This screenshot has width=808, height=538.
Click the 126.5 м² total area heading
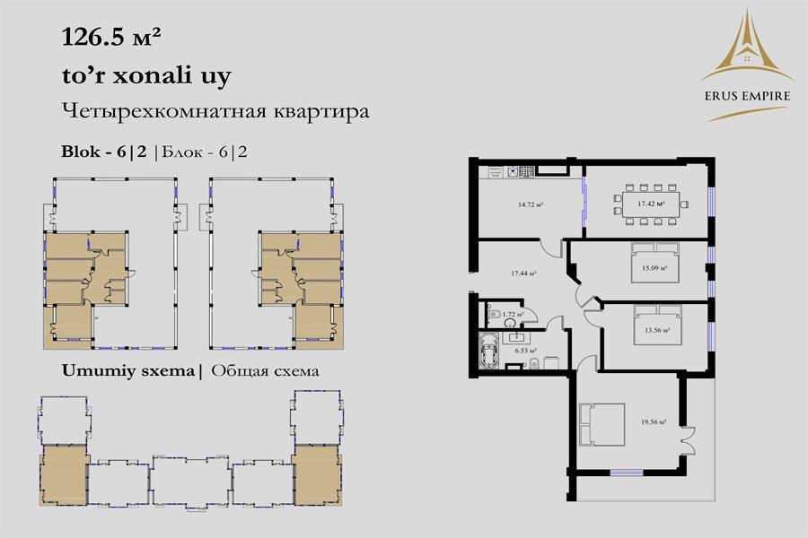(x=111, y=37)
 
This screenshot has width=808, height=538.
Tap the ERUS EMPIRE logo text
(x=747, y=96)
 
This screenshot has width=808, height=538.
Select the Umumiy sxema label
(x=128, y=370)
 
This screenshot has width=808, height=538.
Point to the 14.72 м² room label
(x=531, y=204)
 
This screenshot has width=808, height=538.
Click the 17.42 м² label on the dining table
(x=651, y=204)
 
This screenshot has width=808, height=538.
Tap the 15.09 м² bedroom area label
(x=655, y=268)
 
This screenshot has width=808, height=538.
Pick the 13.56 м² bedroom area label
(x=657, y=330)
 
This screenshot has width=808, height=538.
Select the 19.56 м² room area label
(x=654, y=422)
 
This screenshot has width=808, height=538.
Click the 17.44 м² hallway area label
(x=523, y=273)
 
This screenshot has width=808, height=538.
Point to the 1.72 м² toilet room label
(x=513, y=314)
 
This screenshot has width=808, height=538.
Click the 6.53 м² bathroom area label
(x=525, y=351)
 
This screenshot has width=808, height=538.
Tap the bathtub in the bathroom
(x=488, y=350)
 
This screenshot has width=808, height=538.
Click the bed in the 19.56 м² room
(x=602, y=424)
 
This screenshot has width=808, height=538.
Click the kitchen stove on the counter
(x=526, y=171)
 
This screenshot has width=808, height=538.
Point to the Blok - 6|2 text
(x=104, y=152)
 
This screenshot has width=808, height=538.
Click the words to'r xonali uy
(x=146, y=76)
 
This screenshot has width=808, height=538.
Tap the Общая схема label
(x=266, y=370)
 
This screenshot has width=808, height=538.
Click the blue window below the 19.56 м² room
(x=626, y=473)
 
